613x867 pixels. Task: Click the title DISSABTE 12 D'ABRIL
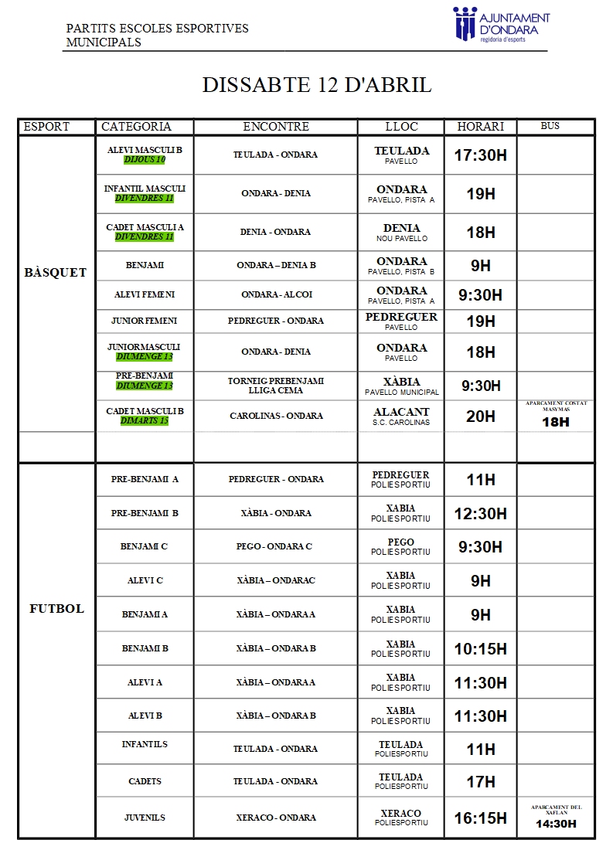317,85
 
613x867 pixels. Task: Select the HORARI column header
480,127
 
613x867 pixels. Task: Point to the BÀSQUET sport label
56,273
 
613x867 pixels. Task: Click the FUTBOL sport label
56,609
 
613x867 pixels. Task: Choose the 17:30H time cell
480,155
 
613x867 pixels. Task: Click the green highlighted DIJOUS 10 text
145,160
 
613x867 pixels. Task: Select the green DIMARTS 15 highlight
145,421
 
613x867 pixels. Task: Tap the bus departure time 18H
556,422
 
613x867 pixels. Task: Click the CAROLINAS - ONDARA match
276,416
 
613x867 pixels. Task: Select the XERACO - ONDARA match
276,818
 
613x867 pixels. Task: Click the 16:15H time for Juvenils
480,818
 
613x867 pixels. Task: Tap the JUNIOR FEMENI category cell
145,321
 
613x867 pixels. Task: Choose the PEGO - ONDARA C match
274,546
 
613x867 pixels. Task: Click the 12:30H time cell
480,514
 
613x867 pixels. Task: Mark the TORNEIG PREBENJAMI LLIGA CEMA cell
276,386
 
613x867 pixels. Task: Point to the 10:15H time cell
480,649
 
